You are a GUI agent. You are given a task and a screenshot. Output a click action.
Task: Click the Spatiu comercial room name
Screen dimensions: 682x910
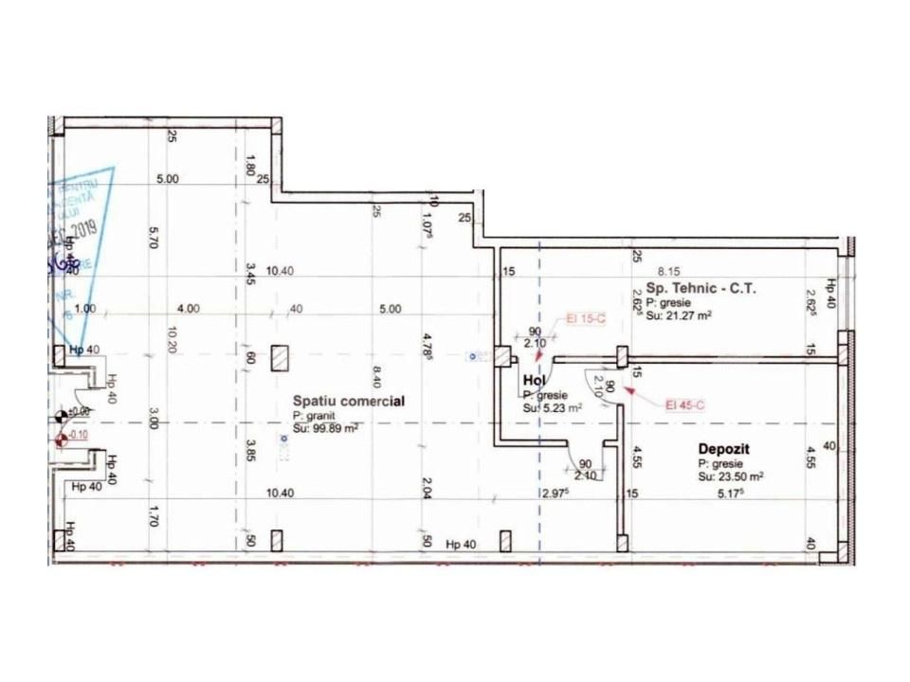[349, 401]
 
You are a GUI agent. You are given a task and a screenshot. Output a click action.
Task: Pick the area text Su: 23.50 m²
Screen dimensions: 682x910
[731, 478]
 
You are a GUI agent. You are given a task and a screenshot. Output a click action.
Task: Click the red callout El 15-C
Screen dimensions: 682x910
[585, 320]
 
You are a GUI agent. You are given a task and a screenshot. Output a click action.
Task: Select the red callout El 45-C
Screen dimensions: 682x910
[683, 404]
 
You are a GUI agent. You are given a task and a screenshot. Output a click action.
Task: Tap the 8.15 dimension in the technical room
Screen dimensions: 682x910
[670, 270]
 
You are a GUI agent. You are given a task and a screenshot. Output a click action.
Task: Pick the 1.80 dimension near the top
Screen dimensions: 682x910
[250, 165]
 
